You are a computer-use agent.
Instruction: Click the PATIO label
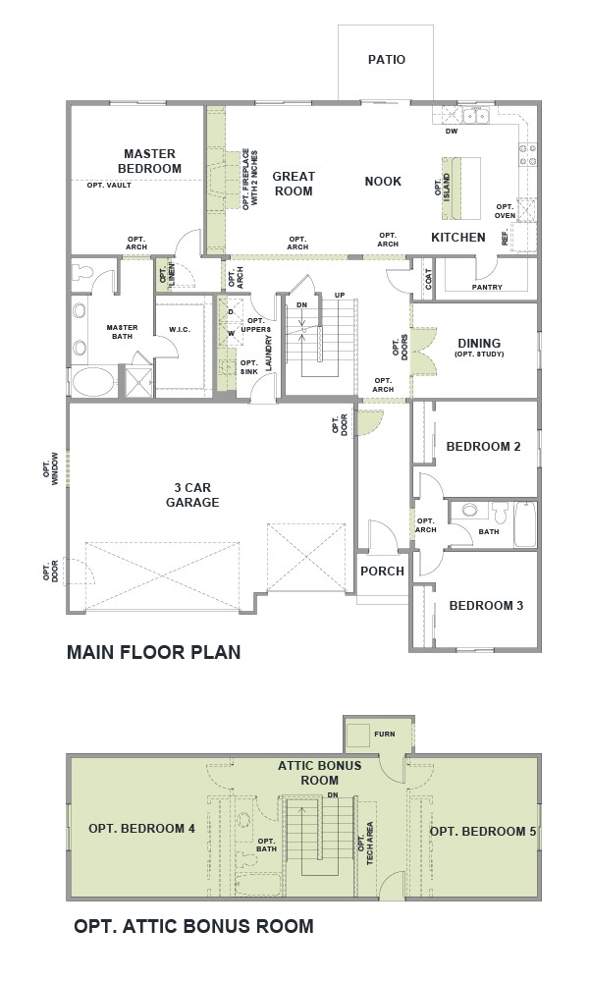click(386, 60)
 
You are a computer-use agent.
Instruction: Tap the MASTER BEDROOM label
click(149, 161)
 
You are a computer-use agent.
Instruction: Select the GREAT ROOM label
click(294, 184)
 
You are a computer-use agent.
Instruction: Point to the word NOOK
click(383, 181)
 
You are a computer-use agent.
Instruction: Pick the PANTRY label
click(487, 288)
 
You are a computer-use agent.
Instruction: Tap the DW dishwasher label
click(452, 132)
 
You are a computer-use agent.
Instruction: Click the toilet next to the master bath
click(82, 272)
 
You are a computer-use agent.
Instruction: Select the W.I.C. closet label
click(180, 329)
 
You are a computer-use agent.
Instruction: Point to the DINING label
click(479, 343)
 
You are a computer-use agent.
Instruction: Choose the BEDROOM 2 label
click(483, 447)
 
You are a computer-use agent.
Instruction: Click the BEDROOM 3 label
click(486, 606)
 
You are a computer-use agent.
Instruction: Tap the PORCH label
click(383, 572)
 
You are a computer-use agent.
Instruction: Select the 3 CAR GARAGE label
click(192, 495)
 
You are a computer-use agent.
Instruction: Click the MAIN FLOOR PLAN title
click(154, 652)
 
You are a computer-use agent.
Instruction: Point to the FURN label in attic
click(384, 734)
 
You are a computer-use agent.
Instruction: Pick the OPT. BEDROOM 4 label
click(141, 829)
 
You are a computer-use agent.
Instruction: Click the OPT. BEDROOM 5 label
click(483, 831)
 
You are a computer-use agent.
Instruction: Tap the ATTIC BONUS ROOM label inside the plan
click(320, 773)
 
